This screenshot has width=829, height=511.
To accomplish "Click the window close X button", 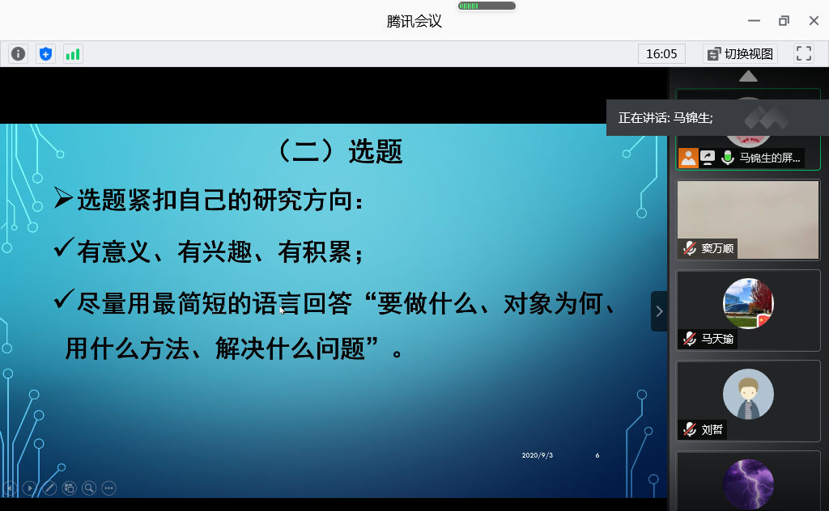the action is tap(814, 20).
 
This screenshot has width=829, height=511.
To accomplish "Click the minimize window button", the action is tap(754, 20).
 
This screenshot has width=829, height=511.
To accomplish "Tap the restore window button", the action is tap(784, 20).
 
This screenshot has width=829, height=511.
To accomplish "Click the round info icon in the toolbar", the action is tap(18, 54).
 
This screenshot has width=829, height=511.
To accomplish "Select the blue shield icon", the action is tap(45, 54).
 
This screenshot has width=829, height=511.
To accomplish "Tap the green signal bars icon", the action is tap(73, 54).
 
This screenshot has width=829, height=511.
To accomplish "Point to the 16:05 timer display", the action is tap(661, 54).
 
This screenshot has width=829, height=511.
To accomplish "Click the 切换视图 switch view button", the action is tap(740, 54).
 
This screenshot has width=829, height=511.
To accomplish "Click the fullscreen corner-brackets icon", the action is tap(804, 53).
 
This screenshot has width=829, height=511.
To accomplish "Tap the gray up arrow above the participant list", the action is tap(748, 77).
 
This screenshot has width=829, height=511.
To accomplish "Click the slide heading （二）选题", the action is tap(339, 151).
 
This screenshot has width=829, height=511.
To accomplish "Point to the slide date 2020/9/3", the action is tap(538, 455).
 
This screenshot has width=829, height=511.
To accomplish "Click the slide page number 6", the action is tap(597, 455).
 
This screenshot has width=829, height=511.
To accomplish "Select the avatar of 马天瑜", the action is tap(748, 303).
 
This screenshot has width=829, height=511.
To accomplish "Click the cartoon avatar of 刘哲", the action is tap(748, 395).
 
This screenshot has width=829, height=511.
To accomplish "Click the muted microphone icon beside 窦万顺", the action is tap(690, 248).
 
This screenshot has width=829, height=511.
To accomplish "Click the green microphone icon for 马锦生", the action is tap(728, 158).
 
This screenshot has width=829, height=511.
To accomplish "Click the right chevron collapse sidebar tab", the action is tap(659, 311).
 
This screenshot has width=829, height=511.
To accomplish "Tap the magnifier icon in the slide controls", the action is tap(89, 488).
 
